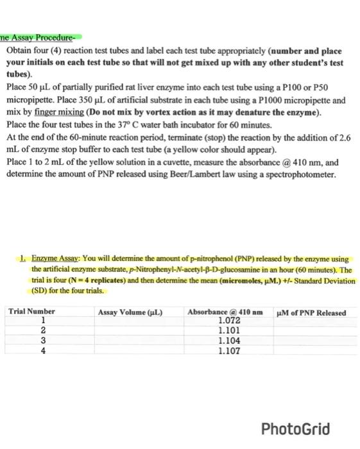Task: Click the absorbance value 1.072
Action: coord(229,321)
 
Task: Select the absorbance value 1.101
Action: coord(229,331)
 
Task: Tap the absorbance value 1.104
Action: coord(229,341)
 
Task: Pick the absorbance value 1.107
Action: coord(229,352)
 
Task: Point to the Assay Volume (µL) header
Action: coord(130,312)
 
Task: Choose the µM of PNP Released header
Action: coord(311,312)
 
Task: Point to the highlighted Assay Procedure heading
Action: coord(40,37)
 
